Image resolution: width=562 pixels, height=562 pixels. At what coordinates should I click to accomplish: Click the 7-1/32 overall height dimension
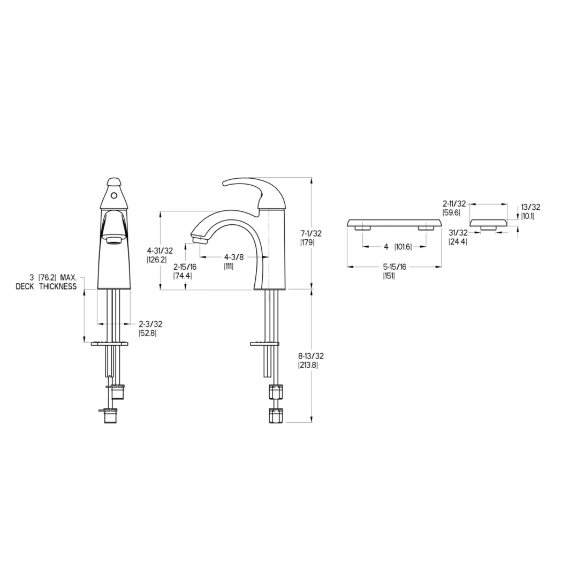point(311,233)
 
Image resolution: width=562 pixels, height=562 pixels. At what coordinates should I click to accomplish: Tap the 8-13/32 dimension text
point(311,356)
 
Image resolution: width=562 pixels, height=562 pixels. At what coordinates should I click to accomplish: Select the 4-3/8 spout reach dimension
point(234,257)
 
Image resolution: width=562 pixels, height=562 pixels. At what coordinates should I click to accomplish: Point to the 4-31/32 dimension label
point(160,250)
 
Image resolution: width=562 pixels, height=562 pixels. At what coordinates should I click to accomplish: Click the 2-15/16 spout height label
point(185,267)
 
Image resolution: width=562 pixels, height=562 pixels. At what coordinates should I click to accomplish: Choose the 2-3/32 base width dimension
point(150,324)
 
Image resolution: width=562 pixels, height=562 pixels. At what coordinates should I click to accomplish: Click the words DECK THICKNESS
point(46,286)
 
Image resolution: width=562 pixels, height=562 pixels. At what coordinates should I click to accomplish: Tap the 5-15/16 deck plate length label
point(394,267)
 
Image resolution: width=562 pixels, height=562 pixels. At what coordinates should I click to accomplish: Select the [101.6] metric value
point(403,247)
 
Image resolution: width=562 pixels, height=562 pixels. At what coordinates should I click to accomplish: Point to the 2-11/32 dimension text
point(454,203)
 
